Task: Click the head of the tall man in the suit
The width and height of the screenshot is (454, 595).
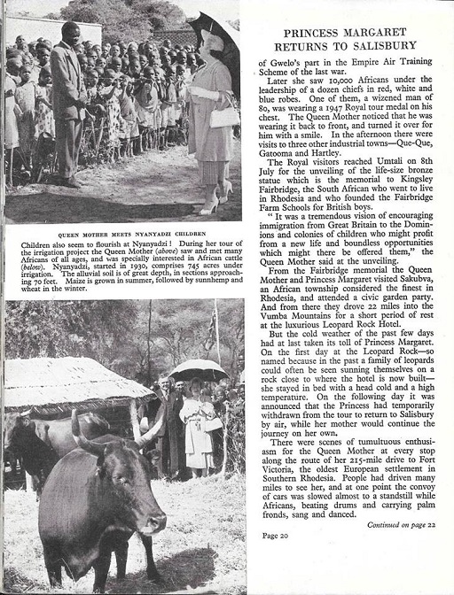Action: (x=70, y=35)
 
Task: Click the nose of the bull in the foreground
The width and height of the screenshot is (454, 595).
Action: (x=153, y=524)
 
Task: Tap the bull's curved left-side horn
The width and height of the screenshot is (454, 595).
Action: (x=78, y=429)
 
